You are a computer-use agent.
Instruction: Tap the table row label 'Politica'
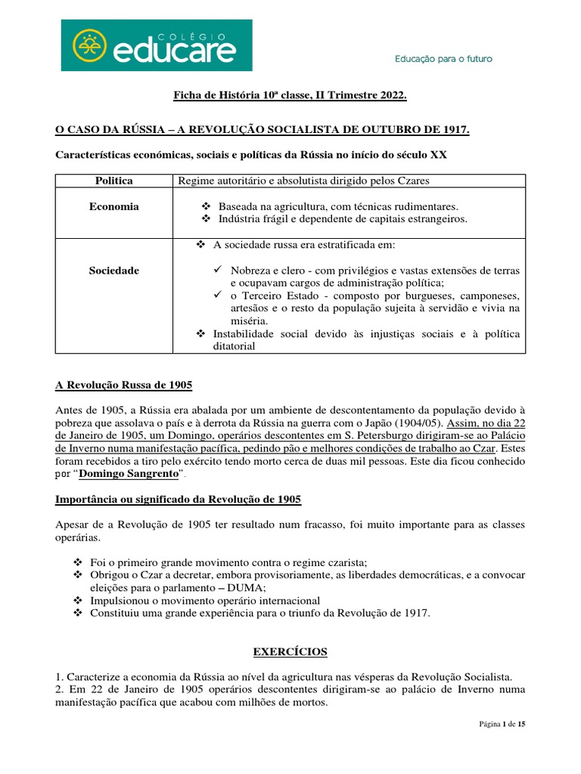coord(113,181)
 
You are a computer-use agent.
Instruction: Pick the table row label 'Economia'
coord(113,206)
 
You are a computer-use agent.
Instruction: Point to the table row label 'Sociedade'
coord(113,270)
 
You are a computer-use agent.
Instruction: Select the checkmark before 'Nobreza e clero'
coord(217,270)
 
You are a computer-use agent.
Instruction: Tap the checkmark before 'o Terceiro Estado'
coord(217,296)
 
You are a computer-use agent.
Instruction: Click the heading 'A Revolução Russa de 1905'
coord(124,385)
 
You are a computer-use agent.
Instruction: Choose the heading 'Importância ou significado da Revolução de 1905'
coord(179,500)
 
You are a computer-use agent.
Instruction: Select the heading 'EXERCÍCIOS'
coord(290,652)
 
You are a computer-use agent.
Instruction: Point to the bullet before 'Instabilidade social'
coord(201,333)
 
